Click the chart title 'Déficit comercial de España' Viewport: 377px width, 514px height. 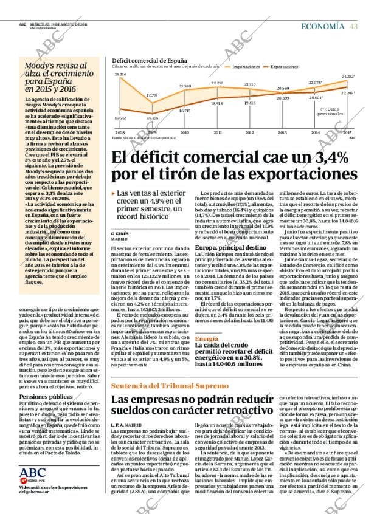(x=150, y=61)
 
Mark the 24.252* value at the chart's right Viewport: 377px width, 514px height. (x=348, y=76)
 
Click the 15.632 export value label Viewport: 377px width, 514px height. (x=120, y=118)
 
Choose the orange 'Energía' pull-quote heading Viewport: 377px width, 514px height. (x=207, y=338)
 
